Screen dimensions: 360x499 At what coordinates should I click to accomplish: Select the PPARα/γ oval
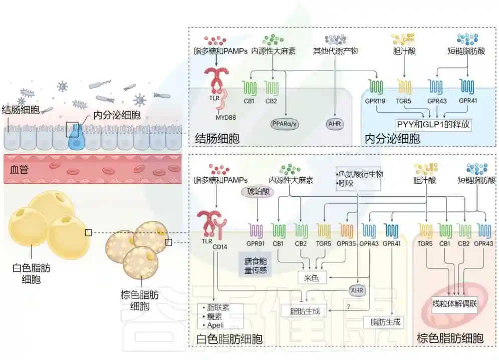tap(285, 122)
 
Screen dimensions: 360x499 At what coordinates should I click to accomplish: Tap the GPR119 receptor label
tap(376, 103)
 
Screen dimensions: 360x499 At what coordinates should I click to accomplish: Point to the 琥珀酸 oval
tap(257, 191)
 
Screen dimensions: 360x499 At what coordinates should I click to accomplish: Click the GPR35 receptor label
tap(346, 244)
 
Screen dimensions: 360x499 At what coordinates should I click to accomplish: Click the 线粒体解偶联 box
tap(454, 303)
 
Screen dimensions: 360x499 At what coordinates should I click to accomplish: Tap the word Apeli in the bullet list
tap(215, 325)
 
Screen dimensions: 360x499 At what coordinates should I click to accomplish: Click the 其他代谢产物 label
tap(335, 51)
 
